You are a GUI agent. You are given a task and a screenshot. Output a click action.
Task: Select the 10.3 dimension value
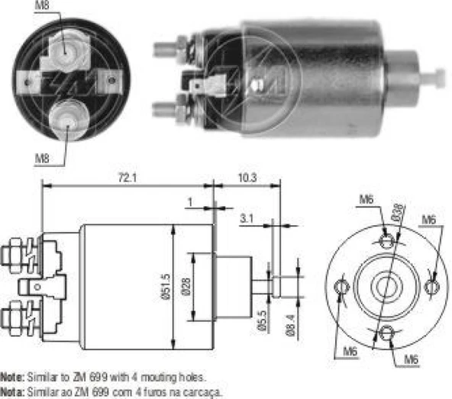point(247,178)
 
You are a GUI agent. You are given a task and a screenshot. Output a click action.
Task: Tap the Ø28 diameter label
point(188,286)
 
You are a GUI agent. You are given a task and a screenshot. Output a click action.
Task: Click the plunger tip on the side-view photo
point(437,76)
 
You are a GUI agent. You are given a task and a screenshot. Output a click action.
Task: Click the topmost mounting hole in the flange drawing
point(387,242)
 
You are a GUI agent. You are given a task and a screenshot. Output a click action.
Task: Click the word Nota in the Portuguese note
point(11,389)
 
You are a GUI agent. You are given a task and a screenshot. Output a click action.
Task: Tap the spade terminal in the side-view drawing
point(31,288)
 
